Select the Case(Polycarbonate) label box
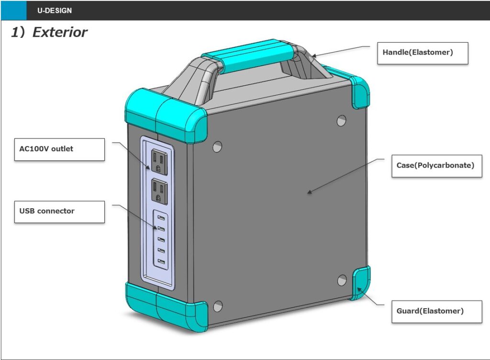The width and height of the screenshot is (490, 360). [x=436, y=166]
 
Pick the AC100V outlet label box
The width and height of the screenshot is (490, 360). [x=59, y=149]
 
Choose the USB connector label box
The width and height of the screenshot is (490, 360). [x=59, y=211]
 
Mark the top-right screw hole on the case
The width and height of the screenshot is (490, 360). [x=341, y=120]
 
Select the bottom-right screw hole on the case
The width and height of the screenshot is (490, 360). [x=342, y=280]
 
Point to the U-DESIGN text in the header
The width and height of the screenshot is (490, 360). [x=55, y=11]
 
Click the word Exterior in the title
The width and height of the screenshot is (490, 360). [x=60, y=33]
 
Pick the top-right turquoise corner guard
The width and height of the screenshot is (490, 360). [x=360, y=91]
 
